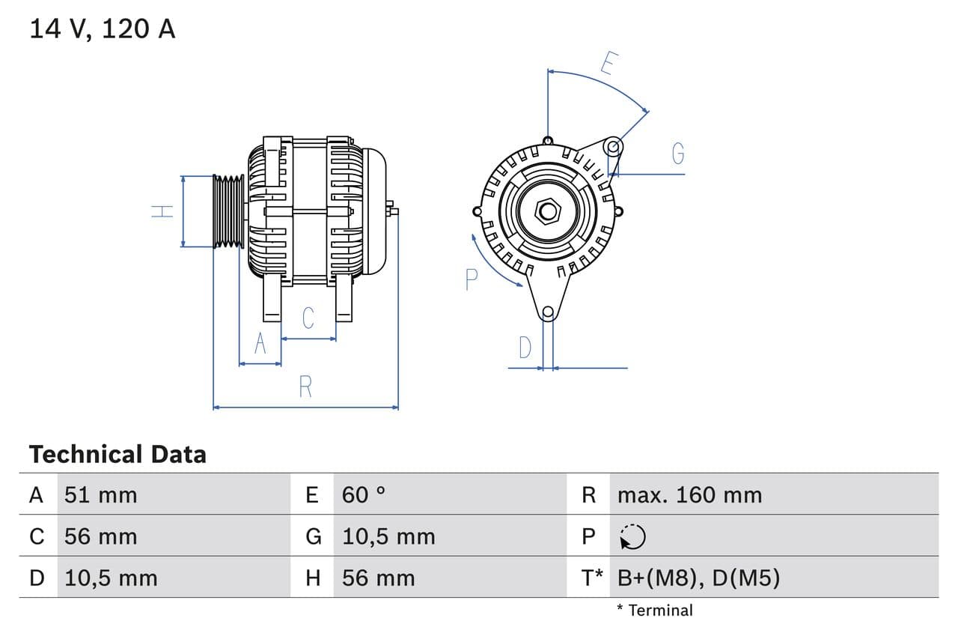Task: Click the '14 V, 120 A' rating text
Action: point(102,28)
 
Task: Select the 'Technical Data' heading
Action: point(118,454)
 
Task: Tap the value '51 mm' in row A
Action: point(100,494)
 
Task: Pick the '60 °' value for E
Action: point(364,494)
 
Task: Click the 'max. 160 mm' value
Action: point(689,494)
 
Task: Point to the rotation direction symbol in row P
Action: point(632,536)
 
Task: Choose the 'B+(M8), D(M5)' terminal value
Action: point(698,578)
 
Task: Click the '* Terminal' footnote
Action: point(655,610)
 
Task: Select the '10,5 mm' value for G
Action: point(388,536)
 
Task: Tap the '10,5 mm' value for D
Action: point(111,578)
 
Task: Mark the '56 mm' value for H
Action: point(378,578)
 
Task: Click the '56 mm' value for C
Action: point(100,536)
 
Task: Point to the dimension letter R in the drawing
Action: point(305,387)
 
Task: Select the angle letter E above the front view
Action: point(608,64)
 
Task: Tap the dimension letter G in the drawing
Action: point(677,154)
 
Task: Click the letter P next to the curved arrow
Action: point(471,279)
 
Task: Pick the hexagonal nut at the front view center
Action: point(548,211)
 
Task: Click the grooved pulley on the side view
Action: point(228,211)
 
